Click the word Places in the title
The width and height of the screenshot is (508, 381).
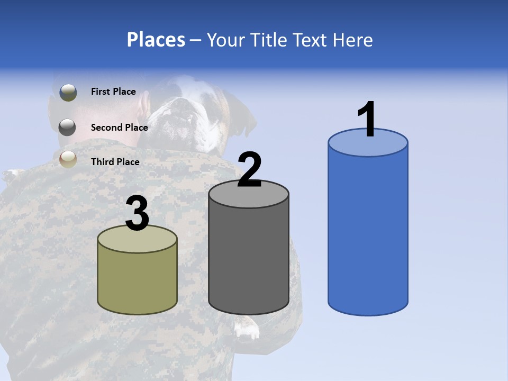(x=156, y=40)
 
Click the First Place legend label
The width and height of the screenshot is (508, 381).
(x=113, y=92)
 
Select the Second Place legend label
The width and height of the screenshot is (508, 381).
(x=119, y=128)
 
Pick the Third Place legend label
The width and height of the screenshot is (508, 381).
(x=115, y=162)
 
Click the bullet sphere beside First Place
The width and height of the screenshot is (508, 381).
(x=68, y=93)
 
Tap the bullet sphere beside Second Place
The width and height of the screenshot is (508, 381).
(x=67, y=127)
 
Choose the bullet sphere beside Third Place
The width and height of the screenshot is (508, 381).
(x=68, y=159)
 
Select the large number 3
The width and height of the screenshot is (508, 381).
(x=138, y=214)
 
